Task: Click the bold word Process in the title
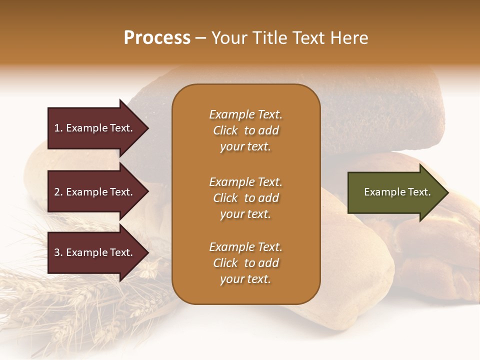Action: pos(157,38)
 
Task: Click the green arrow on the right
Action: pos(395,192)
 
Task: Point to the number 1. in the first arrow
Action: pos(58,128)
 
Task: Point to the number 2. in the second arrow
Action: pos(58,192)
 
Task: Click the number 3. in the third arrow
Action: pos(58,252)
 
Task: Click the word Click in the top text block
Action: pos(225,130)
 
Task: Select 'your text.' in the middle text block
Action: pos(245,214)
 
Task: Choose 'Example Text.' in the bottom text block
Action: pos(245,247)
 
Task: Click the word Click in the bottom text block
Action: pos(225,263)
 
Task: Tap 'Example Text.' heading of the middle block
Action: pos(245,182)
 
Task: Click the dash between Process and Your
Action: pos(200,38)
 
